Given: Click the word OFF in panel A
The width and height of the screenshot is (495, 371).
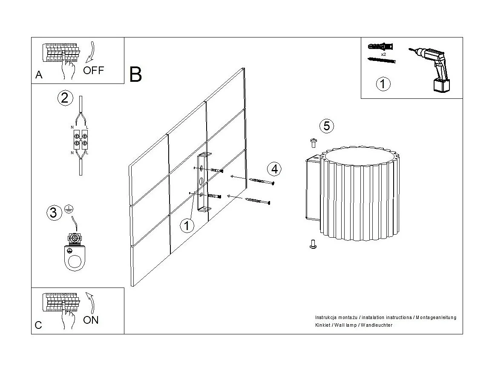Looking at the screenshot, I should click(x=93, y=70).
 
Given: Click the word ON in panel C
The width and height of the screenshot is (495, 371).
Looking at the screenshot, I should click(x=91, y=320).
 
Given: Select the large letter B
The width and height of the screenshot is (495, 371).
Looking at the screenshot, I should click(x=135, y=75).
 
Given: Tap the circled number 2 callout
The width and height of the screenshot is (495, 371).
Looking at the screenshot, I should click(x=64, y=98).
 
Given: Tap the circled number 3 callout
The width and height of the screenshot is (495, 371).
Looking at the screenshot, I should click(x=53, y=212).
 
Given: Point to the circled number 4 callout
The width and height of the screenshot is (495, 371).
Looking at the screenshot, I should click(x=274, y=169).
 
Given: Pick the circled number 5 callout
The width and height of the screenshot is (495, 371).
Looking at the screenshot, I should click(x=327, y=126).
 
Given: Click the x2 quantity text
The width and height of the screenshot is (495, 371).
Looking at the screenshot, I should click(x=383, y=54).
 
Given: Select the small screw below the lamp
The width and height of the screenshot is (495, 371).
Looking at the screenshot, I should click(x=313, y=244).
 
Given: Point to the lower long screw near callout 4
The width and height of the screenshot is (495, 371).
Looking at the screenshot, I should click(x=258, y=201).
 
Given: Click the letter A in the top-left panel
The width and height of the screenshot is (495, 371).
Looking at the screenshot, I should click(x=39, y=75).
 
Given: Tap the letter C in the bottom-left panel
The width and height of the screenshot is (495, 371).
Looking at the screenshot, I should click(x=38, y=325).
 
